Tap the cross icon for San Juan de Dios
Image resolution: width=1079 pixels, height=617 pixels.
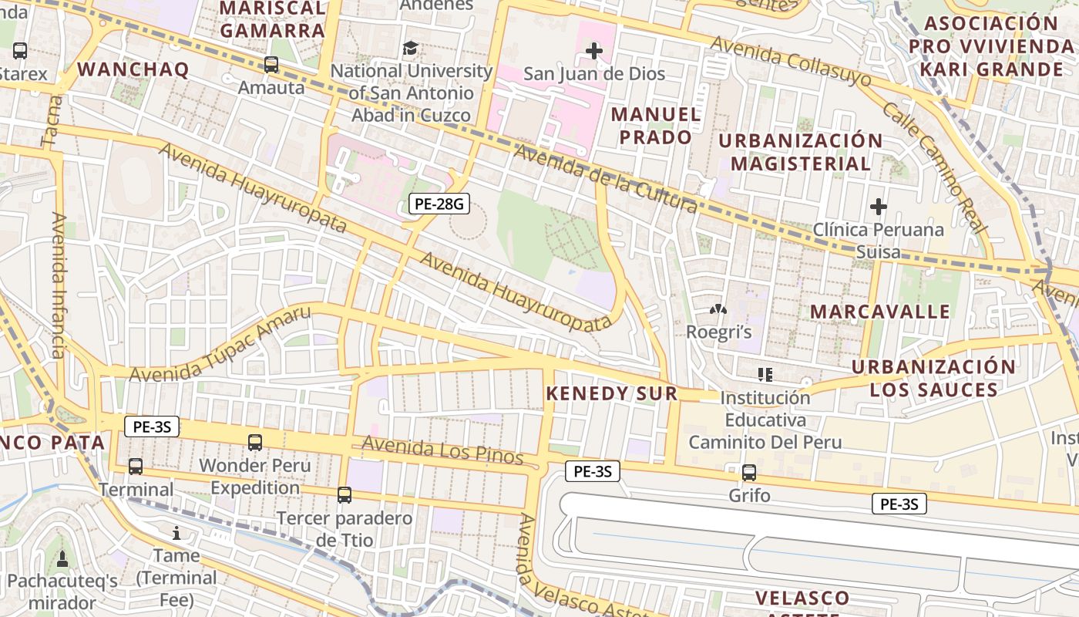click(593, 52)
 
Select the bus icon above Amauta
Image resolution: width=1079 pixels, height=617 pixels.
click(271, 65)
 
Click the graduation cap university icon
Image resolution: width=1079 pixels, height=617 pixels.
click(411, 49)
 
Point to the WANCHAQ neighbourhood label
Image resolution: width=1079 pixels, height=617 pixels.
click(133, 69)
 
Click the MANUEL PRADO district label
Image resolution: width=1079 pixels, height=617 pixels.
click(656, 126)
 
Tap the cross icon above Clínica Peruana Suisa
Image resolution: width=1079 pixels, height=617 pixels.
click(878, 207)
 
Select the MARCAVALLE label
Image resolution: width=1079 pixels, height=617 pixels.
click(880, 312)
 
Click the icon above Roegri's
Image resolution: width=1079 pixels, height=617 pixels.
click(718, 310)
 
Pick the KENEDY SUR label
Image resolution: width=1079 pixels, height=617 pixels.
click(612, 393)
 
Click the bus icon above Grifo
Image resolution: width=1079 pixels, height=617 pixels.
click(749, 473)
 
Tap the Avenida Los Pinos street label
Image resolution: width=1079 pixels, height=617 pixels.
click(442, 450)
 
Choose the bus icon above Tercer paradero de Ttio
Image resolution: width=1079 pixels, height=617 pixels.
click(345, 495)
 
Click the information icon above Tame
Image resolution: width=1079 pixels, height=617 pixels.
click(176, 533)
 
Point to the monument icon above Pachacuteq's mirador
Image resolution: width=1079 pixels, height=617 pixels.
click(62, 558)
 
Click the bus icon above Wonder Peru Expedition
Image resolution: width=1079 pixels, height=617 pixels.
click(255, 443)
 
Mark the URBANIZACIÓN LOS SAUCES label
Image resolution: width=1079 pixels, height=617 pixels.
click(933, 378)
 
